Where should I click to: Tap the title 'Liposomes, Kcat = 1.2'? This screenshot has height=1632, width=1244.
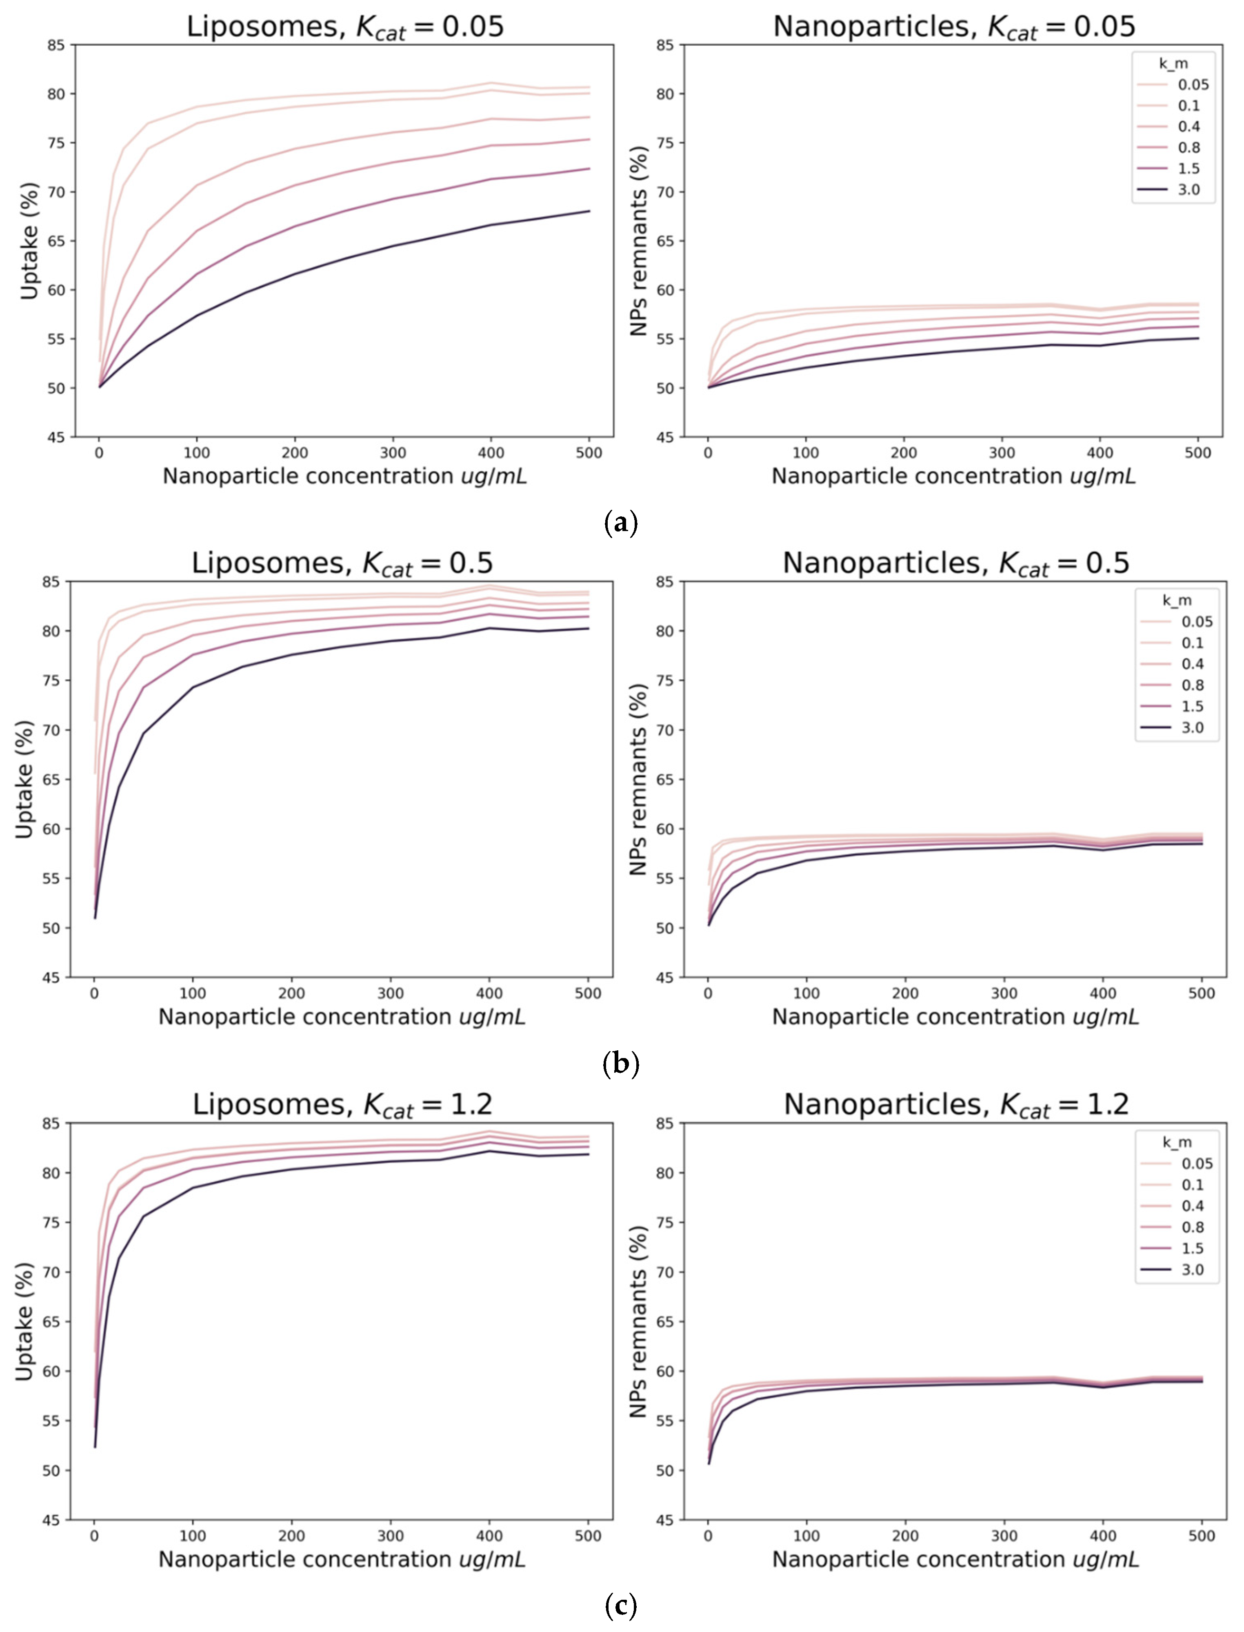(342, 1105)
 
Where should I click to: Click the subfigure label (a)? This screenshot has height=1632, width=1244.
(620, 523)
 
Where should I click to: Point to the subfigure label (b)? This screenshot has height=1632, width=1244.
(620, 1064)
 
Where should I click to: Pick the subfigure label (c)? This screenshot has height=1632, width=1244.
(620, 1606)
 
